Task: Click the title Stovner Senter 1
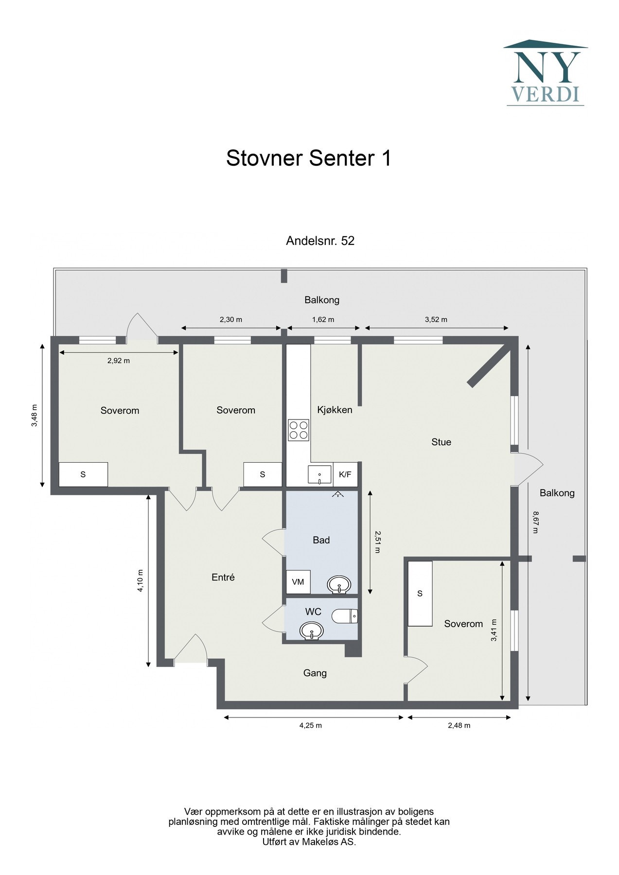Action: pyautogui.click(x=309, y=158)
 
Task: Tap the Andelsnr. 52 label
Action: pyautogui.click(x=320, y=241)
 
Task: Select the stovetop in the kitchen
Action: pyautogui.click(x=299, y=430)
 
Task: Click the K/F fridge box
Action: pyautogui.click(x=345, y=474)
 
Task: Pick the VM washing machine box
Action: pyautogui.click(x=298, y=581)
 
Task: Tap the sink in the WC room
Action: pyautogui.click(x=312, y=631)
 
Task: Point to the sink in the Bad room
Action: pyautogui.click(x=339, y=584)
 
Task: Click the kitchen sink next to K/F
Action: pyautogui.click(x=319, y=475)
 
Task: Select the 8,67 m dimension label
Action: pyautogui.click(x=535, y=522)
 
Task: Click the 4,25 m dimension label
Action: pyautogui.click(x=310, y=725)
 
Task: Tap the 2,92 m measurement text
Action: pyautogui.click(x=119, y=361)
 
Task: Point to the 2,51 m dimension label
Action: pyautogui.click(x=377, y=542)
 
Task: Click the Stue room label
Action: pyautogui.click(x=441, y=442)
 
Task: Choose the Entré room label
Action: pyautogui.click(x=223, y=577)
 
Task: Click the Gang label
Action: pyautogui.click(x=315, y=673)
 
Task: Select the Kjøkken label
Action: pyautogui.click(x=335, y=410)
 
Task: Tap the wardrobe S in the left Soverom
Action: pyautogui.click(x=83, y=474)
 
